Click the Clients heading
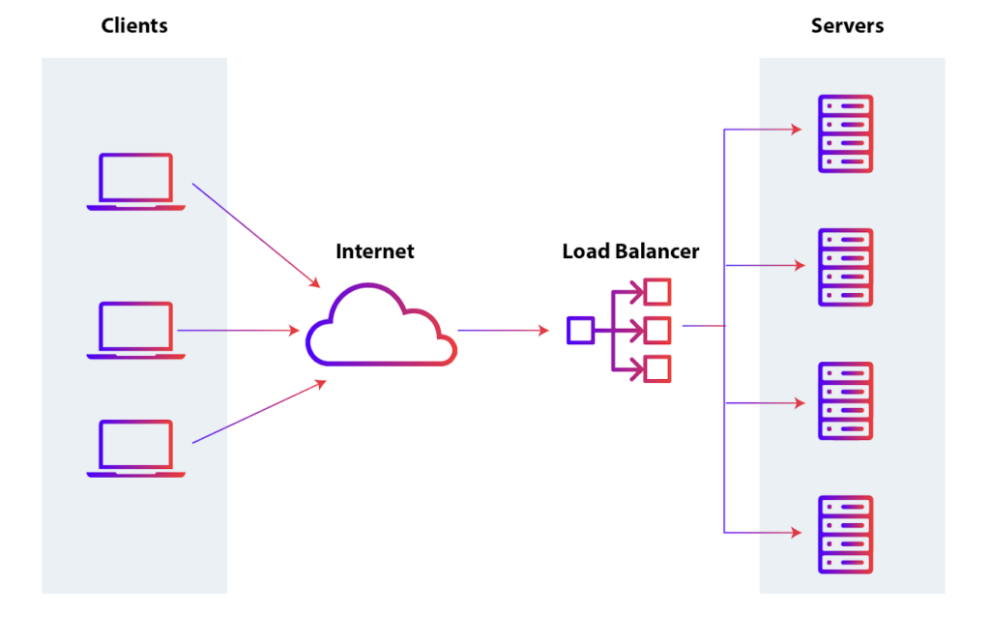[134, 26]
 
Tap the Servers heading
[847, 26]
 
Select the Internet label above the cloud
[374, 251]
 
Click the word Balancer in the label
[659, 251]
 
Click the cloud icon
[380, 327]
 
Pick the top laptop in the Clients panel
[135, 182]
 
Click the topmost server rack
[845, 133]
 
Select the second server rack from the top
[845, 267]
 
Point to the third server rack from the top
[845, 401]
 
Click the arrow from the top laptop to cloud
[256, 235]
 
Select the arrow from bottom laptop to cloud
[259, 412]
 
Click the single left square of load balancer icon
[579, 331]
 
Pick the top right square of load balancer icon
[657, 292]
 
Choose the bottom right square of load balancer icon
[657, 368]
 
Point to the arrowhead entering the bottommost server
[797, 533]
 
